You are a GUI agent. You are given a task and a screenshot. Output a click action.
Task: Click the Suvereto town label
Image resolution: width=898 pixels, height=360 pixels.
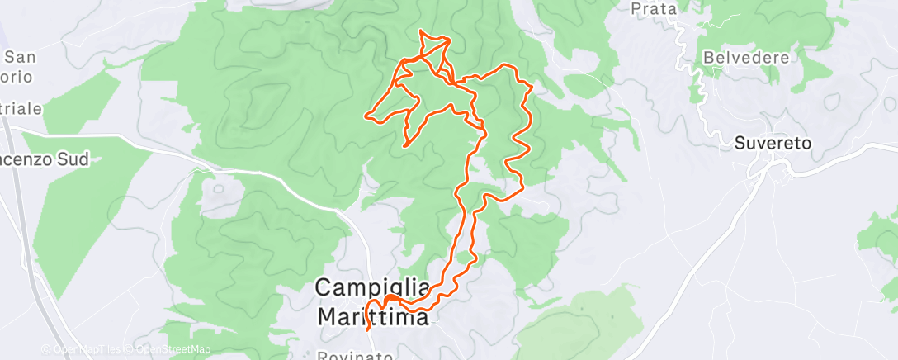point(773,143)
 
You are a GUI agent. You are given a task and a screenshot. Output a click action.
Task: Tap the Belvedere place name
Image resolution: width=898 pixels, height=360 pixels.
point(746,58)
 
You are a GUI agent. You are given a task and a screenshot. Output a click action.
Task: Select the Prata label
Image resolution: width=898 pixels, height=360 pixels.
point(653,10)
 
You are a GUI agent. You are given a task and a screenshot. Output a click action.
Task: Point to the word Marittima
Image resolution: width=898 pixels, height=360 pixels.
point(372,316)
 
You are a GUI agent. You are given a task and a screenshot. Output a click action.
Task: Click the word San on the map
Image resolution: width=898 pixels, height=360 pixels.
point(20,57)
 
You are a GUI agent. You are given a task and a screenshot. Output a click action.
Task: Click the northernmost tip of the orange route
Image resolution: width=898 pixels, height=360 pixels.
point(422,31)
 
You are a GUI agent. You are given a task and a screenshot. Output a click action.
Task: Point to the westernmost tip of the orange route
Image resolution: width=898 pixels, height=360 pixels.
point(366,115)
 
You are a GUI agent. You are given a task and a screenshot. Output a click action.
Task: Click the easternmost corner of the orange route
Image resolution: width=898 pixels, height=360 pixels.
point(532,85)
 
